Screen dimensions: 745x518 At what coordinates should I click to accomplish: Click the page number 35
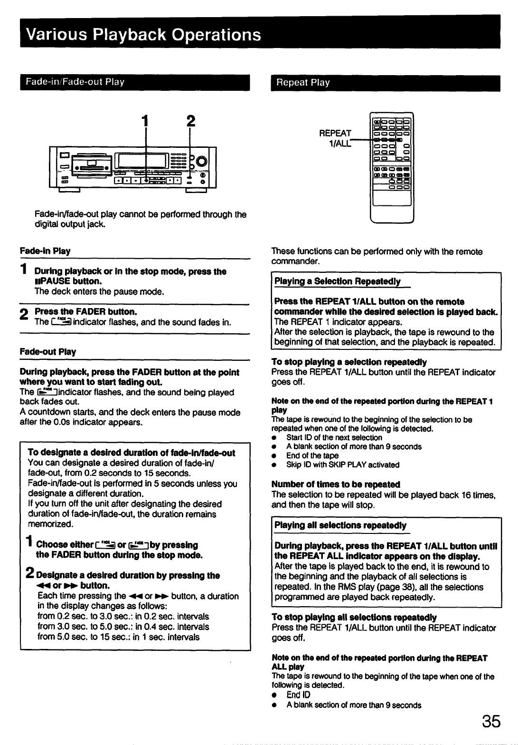[x=491, y=721]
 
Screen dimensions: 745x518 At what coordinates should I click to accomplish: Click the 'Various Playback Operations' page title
[x=143, y=35]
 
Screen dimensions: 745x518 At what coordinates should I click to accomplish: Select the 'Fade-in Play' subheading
[x=45, y=251]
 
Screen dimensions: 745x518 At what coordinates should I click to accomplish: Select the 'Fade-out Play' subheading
[x=48, y=352]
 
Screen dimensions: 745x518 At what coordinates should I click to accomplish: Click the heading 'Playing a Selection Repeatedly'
[x=338, y=281]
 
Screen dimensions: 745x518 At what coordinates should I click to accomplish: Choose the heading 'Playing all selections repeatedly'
[x=340, y=525]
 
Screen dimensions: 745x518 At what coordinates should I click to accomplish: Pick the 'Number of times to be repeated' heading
[x=336, y=484]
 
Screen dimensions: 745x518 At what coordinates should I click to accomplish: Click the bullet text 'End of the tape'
[x=312, y=455]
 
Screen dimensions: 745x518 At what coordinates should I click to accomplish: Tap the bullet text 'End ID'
[x=298, y=695]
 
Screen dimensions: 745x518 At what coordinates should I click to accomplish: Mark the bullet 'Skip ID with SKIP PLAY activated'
[x=343, y=464]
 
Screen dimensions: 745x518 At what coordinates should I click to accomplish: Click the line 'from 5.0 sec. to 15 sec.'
[x=118, y=637]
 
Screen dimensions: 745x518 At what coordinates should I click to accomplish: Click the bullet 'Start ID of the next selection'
[x=334, y=437]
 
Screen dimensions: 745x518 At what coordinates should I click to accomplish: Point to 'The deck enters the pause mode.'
[x=99, y=291]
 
